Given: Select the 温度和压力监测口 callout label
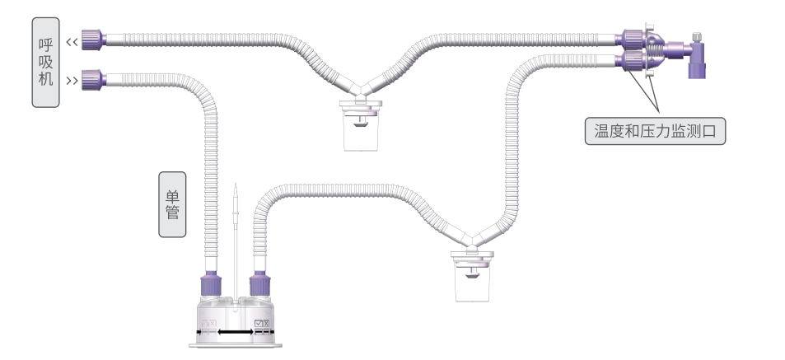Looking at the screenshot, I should click(655, 130).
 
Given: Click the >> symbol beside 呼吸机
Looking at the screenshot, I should click(72, 81).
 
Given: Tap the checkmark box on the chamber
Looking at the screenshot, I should click(263, 325).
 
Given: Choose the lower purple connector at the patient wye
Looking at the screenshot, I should click(633, 61).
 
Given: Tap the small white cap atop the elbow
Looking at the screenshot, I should click(697, 38).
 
